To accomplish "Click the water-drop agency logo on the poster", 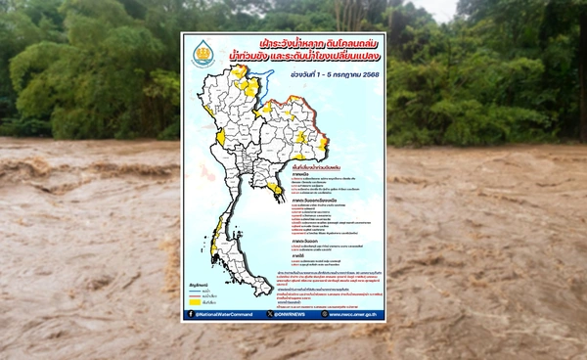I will click(201, 50).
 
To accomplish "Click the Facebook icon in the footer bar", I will click(190, 314).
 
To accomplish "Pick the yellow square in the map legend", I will click(195, 300).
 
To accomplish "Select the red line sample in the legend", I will click(195, 292).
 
